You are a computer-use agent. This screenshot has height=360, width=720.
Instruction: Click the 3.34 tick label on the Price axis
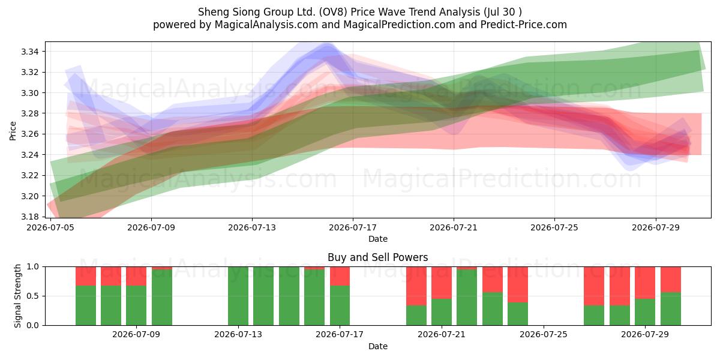coord(29,52)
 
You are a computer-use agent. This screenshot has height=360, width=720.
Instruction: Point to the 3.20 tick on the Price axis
coord(29,196)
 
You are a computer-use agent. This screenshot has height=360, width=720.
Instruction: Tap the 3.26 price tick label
coord(29,134)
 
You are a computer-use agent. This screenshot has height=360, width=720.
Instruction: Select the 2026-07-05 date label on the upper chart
coord(50,227)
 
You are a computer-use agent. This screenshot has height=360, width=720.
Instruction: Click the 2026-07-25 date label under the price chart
coord(554,227)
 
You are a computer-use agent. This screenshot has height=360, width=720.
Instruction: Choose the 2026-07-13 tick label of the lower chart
coord(238,334)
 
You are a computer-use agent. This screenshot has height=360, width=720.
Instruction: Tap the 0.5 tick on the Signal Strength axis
coord(32,296)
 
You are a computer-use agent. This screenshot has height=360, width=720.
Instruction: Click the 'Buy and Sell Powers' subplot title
coord(377,257)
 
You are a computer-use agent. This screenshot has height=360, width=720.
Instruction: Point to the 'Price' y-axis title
coord(13,131)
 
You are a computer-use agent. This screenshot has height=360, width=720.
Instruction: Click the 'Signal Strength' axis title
coord(17,296)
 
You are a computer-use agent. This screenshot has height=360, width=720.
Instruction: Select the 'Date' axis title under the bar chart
coord(377,346)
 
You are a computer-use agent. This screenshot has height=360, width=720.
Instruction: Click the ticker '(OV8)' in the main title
coord(333,12)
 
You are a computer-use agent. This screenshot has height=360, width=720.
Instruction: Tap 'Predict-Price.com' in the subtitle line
coord(524,25)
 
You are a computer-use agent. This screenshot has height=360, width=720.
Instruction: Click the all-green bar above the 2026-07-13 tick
coord(238,296)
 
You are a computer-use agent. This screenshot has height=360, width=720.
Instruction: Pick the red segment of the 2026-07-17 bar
coord(340,276)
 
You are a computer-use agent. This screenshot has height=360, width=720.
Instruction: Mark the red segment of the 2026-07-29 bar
coord(645,283)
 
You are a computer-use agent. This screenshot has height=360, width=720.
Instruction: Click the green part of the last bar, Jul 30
coord(671,309)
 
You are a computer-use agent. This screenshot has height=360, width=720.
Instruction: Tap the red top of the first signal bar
coord(86,276)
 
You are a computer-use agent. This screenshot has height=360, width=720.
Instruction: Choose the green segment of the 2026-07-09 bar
coord(136,305)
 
